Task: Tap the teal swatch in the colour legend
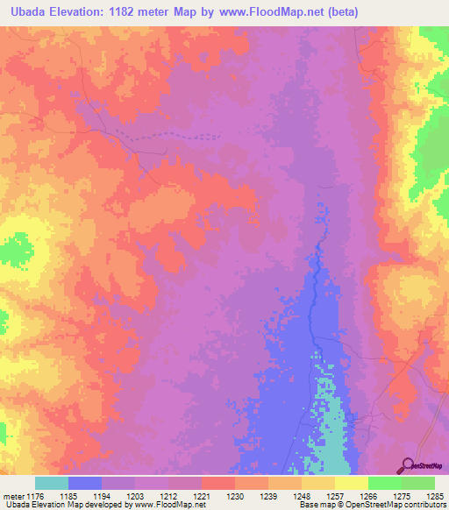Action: pos(52,483)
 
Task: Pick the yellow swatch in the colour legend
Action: pos(352,483)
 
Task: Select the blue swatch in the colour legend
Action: pos(85,483)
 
